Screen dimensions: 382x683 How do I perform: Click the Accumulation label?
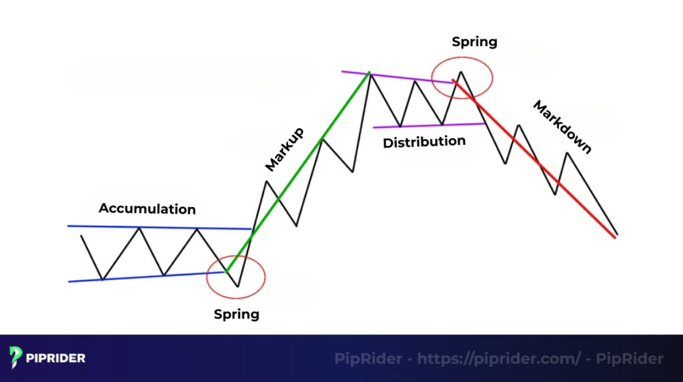coord(147,209)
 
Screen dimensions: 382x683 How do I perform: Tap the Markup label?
coord(284,149)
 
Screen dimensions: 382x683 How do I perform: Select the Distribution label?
coord(424,142)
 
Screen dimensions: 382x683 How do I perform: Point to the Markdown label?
coord(562,127)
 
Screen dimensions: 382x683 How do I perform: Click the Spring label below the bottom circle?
coord(236,314)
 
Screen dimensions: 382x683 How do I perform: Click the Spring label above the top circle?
coord(474,42)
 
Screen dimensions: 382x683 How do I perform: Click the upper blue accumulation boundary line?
coord(160,228)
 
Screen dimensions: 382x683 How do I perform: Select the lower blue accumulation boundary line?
coord(147,276)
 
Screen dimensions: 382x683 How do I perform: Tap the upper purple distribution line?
coord(400,77)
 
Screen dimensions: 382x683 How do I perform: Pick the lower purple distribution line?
coord(427,125)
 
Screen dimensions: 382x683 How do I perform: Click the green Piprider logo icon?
coord(17,358)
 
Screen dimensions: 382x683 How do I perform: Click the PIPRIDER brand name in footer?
coord(56,359)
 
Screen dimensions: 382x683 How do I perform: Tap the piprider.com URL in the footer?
coord(498,359)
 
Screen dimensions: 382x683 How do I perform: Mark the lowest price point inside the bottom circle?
coord(237,286)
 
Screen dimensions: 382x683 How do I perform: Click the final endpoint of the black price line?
coord(617,234)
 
